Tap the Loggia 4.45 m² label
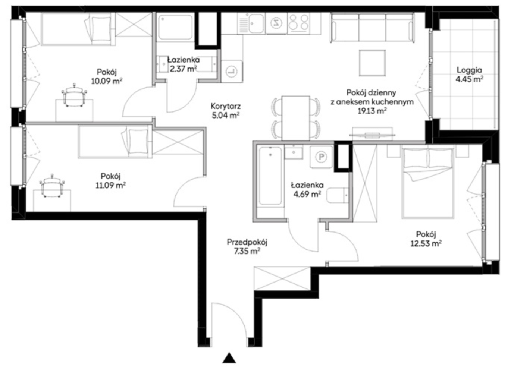[x=469, y=75]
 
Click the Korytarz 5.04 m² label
[x=226, y=111]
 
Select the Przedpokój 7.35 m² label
[x=247, y=246]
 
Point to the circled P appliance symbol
[x=321, y=157]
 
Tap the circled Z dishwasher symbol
[x=276, y=23]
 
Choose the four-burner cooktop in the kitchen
[x=299, y=23]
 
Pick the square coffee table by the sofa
[x=373, y=63]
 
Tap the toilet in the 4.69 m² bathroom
[x=338, y=195]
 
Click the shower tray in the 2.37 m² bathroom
[x=175, y=27]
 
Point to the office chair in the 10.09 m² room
[x=74, y=95]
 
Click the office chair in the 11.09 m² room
[x=52, y=185]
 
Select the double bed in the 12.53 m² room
[x=428, y=183]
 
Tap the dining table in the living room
[x=296, y=118]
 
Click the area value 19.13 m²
[x=372, y=111]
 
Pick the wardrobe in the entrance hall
[x=282, y=278]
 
